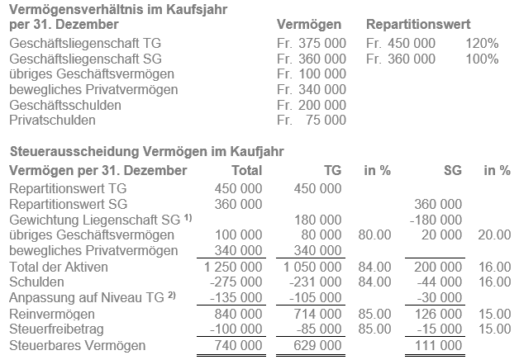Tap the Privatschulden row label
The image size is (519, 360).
[53, 120]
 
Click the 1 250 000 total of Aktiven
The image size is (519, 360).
[231, 267]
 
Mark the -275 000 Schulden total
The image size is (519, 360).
[234, 282]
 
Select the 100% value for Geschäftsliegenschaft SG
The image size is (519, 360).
[482, 59]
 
